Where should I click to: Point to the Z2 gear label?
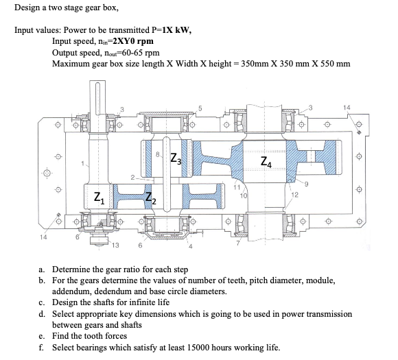click(151, 201)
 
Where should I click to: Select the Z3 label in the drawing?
click(176, 154)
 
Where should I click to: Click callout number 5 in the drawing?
click(200, 108)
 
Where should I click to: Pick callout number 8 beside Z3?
click(159, 154)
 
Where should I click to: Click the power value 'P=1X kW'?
click(172, 31)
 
